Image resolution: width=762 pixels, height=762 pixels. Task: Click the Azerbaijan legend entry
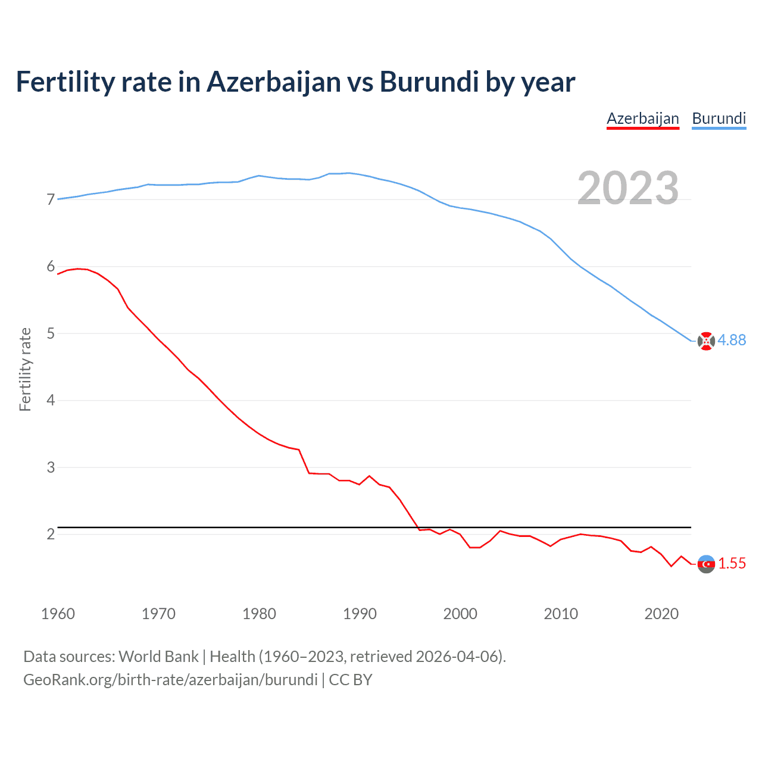[x=642, y=118]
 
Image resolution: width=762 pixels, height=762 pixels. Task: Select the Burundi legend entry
[x=719, y=118]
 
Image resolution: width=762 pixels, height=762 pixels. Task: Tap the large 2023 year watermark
[x=628, y=188]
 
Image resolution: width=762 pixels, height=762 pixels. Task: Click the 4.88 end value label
[x=732, y=340]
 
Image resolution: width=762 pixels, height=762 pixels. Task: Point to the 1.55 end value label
[x=732, y=563]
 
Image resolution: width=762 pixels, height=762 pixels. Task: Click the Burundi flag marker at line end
[x=706, y=341]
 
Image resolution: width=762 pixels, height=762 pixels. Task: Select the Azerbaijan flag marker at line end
[x=706, y=564]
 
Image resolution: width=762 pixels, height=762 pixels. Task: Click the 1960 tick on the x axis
[x=58, y=614]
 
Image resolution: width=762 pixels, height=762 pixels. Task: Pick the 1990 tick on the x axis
[x=360, y=614]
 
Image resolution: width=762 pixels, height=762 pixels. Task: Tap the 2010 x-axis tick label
[x=561, y=614]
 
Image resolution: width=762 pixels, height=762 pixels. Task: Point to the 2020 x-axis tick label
[x=661, y=614]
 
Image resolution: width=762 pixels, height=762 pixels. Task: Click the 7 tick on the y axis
[x=51, y=199]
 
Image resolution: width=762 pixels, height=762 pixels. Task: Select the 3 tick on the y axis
[x=51, y=467]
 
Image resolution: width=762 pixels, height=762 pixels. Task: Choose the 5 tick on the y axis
[x=51, y=333]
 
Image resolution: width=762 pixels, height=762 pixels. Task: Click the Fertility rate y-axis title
[x=25, y=369]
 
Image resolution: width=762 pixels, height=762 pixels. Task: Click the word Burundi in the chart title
[x=429, y=82]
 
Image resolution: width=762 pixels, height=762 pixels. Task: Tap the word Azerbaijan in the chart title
[x=274, y=82]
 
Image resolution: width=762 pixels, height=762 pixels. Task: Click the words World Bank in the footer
[x=158, y=657]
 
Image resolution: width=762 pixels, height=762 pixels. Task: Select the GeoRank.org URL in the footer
[x=170, y=680]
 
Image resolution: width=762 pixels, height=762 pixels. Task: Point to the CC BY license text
[x=351, y=680]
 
